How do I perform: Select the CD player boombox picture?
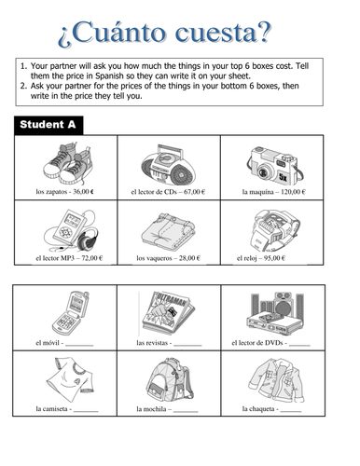(x=169, y=162)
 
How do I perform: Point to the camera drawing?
(x=272, y=162)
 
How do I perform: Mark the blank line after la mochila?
(x=186, y=410)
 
